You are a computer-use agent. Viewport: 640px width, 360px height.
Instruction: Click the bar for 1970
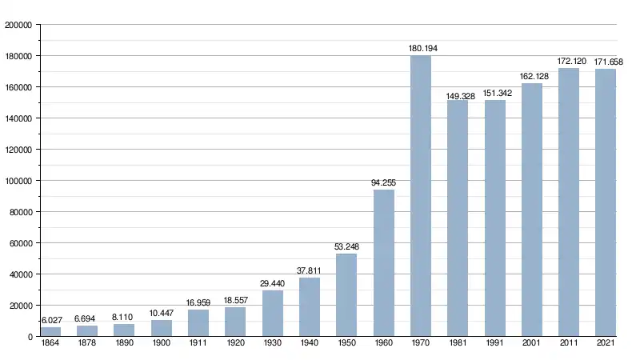(420, 196)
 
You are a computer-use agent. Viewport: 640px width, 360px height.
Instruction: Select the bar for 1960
(383, 263)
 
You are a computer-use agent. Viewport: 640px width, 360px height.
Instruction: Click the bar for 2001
(531, 210)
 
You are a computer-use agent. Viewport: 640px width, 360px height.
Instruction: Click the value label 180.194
(422, 49)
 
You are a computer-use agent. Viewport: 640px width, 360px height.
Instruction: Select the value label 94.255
(383, 182)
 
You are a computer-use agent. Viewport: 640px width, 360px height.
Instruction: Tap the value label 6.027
(50, 320)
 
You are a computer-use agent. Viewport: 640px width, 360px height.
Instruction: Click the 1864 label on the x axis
(50, 344)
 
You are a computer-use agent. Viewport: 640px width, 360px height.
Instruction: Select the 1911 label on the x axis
(198, 344)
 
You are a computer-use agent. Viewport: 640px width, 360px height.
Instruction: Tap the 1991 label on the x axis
(494, 344)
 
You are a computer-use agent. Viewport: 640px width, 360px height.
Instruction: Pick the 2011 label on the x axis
(568, 344)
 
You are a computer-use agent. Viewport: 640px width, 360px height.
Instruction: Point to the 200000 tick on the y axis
(18, 25)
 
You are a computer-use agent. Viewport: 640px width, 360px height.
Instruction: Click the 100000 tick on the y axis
(18, 181)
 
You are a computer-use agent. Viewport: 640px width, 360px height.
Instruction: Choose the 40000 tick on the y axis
(20, 274)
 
